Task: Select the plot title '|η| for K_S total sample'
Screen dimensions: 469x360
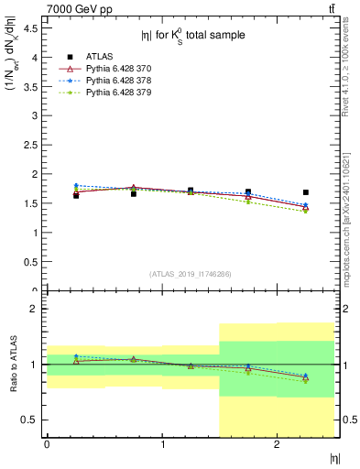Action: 192,37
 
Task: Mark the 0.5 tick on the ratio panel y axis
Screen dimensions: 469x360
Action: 31,420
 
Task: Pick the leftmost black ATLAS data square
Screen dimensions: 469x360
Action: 76,195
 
